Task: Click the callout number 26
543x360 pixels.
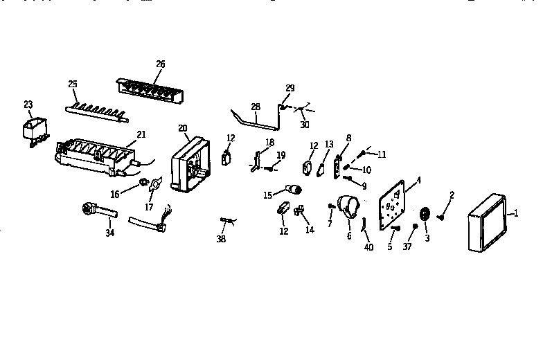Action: pyautogui.click(x=161, y=64)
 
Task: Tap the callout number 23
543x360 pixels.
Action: pyautogui.click(x=28, y=105)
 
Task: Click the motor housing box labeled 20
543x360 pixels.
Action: pyautogui.click(x=188, y=165)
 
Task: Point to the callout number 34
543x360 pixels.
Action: pyautogui.click(x=109, y=233)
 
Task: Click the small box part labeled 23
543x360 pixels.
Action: pyautogui.click(x=33, y=129)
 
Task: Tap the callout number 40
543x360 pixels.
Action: pyautogui.click(x=368, y=246)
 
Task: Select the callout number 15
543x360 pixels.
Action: pyautogui.click(x=267, y=195)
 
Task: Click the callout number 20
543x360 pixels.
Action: pyautogui.click(x=183, y=127)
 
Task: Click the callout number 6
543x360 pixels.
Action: pyautogui.click(x=349, y=236)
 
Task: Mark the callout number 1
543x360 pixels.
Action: pyautogui.click(x=515, y=214)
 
